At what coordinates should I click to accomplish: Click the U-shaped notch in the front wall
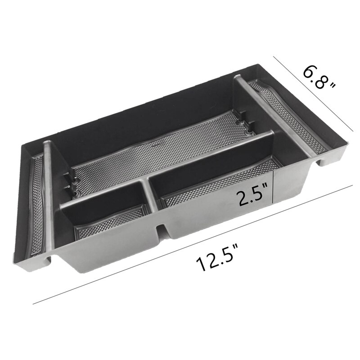coord(162,229)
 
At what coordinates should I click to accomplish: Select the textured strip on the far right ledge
coord(292,112)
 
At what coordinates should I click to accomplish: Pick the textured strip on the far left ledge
coord(36,198)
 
